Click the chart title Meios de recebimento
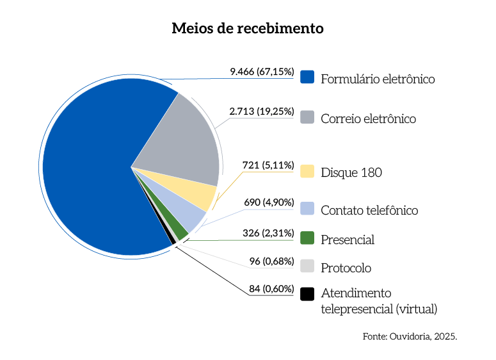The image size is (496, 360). click(248, 29)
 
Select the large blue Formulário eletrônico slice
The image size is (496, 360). click(90, 173)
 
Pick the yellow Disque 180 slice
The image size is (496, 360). click(198, 190)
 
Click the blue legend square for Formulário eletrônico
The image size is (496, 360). click(307, 78)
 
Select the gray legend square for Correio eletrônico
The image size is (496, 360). click(307, 117)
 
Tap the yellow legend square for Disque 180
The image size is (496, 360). click(307, 172)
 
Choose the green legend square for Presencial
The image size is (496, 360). click(307, 238)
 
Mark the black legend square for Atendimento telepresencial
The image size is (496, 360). click(307, 293)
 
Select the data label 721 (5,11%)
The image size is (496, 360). click(268, 165)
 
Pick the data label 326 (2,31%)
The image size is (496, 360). click(268, 233)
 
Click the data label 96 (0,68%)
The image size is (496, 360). click(271, 261)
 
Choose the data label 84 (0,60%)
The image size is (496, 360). click(271, 288)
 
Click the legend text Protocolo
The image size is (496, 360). click(346, 268)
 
